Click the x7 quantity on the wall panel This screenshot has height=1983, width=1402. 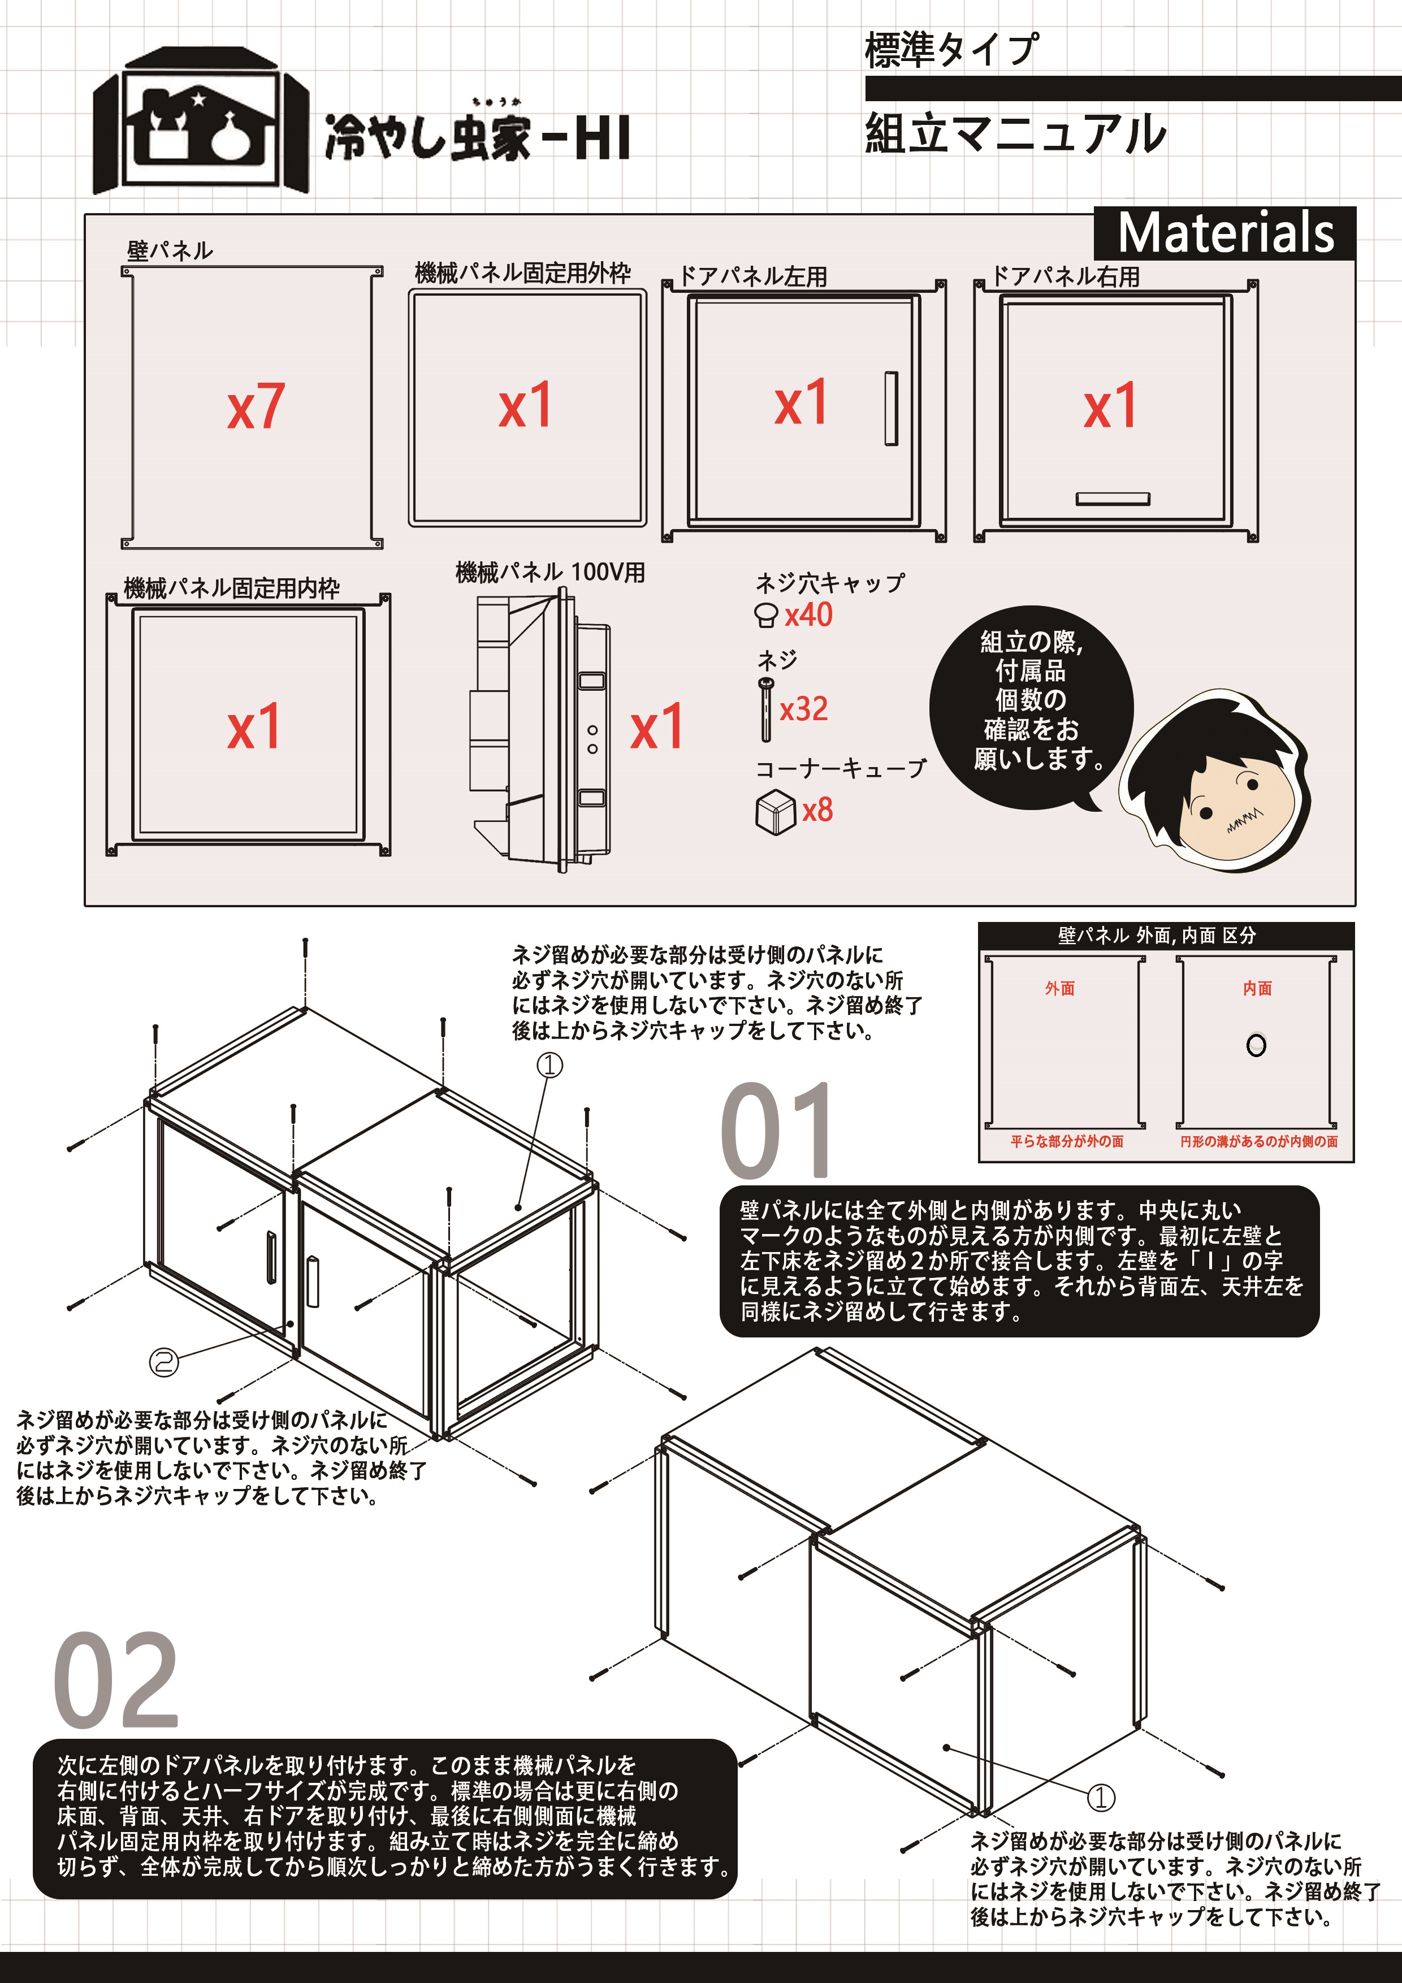[256, 407]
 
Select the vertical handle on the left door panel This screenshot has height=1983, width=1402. [890, 409]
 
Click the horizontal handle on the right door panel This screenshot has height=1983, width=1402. [1113, 499]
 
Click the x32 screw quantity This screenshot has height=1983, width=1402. [803, 709]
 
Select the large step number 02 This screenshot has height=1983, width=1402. [116, 1682]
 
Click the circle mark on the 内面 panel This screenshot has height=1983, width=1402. [1256, 1045]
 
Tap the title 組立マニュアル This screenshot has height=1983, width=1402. [1015, 134]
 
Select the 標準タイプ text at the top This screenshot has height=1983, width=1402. [951, 49]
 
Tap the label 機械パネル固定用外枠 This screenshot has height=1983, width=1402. [522, 273]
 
